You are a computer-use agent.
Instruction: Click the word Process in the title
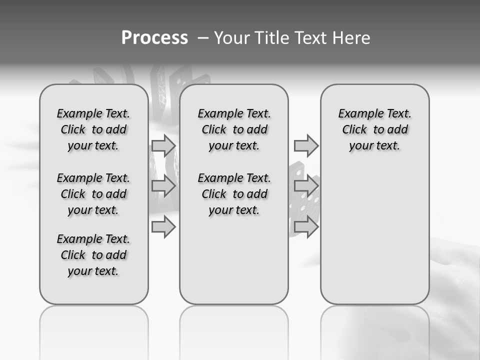point(154,38)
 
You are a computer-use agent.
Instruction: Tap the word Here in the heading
point(351,38)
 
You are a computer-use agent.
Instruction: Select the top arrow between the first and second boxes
point(163,145)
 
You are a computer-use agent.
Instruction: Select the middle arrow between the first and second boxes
point(163,186)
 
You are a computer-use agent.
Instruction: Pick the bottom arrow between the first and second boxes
point(163,227)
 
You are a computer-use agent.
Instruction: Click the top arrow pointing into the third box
point(306,145)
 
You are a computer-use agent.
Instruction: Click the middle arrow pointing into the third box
point(306,186)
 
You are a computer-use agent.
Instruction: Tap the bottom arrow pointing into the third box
point(306,227)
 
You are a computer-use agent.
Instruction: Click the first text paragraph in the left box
point(93,129)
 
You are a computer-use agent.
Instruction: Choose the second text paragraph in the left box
point(93,194)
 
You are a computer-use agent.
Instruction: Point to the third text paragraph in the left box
point(93,255)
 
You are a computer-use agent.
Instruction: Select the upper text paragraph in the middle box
point(234,129)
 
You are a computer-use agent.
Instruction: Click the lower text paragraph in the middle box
point(234,194)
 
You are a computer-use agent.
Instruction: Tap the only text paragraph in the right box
point(374,129)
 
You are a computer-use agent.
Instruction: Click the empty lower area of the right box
point(374,230)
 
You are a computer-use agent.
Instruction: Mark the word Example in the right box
point(357,114)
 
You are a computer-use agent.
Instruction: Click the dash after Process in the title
point(203,38)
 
